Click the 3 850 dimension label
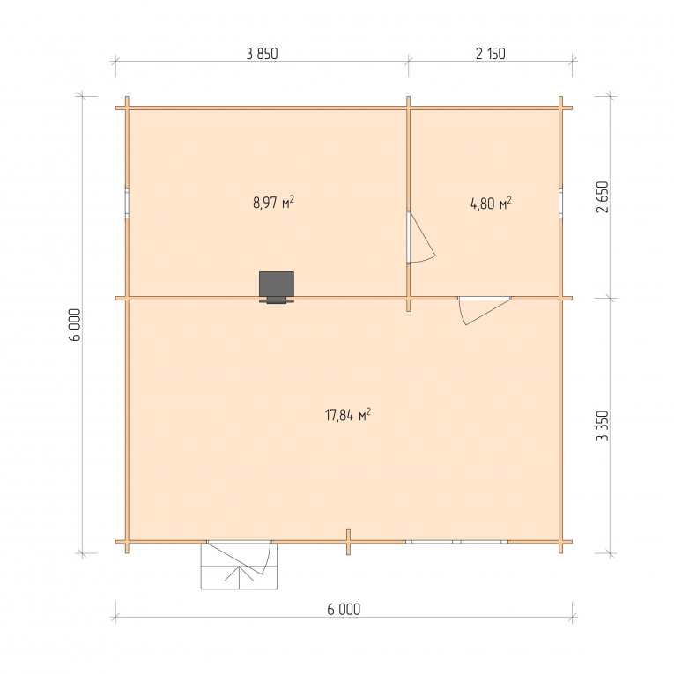(x=262, y=54)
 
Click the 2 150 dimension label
(x=491, y=54)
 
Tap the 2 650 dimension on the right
(x=603, y=196)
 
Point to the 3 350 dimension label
(x=603, y=426)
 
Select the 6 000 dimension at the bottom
(x=344, y=609)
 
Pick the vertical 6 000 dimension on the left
(x=74, y=324)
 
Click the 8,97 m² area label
(x=273, y=202)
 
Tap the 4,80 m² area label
(x=491, y=203)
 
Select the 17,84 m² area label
(x=348, y=415)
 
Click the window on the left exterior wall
(x=127, y=203)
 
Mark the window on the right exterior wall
(x=561, y=203)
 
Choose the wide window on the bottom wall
(x=456, y=542)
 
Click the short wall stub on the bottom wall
(x=348, y=542)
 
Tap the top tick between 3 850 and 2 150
(x=408, y=62)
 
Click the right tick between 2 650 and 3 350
(x=610, y=298)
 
